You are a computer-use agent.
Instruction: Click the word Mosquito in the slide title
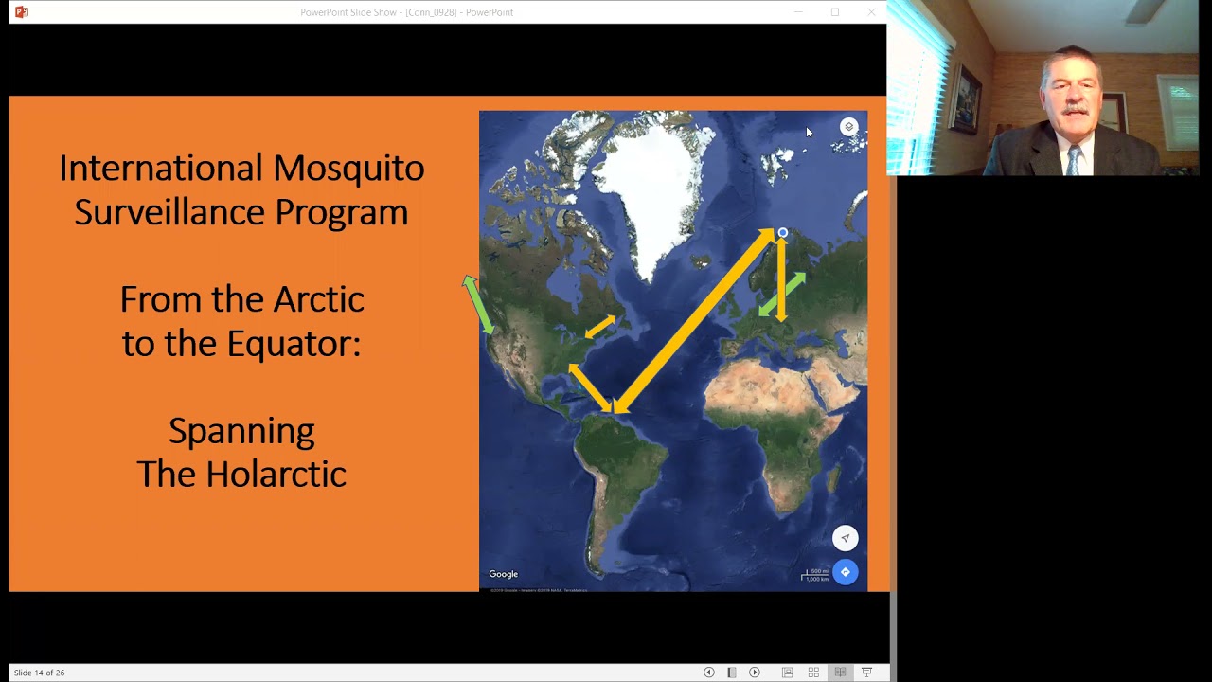click(348, 169)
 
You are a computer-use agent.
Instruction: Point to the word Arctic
click(318, 300)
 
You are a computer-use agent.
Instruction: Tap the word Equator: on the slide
click(294, 344)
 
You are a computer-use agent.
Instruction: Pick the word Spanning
click(241, 431)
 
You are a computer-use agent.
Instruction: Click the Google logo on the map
click(503, 574)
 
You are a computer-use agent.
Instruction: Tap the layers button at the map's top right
click(848, 127)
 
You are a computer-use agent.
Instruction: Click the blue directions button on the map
click(845, 572)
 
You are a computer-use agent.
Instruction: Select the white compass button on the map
click(845, 538)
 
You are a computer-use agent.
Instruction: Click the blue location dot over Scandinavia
click(782, 233)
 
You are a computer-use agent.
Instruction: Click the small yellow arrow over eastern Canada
click(599, 327)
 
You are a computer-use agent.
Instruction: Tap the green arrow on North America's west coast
click(477, 303)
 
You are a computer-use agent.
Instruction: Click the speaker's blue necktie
click(1073, 161)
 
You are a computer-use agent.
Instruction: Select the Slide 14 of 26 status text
click(39, 673)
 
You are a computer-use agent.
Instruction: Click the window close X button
click(871, 12)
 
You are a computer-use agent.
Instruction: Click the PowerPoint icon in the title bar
click(21, 12)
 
